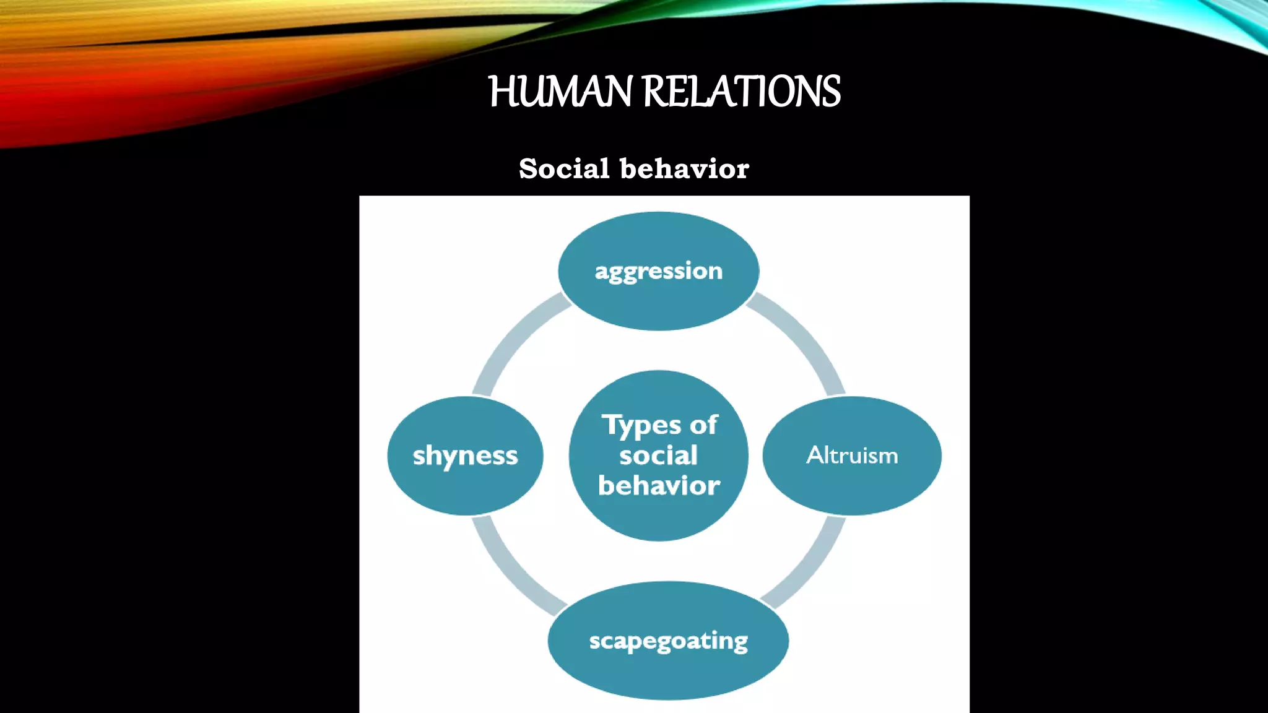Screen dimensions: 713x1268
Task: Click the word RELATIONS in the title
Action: coord(742,92)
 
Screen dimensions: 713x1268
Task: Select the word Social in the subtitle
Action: coord(564,168)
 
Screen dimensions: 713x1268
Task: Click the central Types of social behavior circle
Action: coord(658,520)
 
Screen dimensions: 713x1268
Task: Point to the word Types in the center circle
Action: coord(642,426)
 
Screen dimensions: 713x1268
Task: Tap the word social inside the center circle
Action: coord(658,456)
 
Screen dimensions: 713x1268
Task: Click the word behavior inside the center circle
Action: coord(659,486)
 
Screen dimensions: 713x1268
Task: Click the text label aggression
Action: coord(658,271)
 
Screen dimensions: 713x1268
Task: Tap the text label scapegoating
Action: coord(668,641)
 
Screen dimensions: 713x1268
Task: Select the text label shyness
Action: coord(465,456)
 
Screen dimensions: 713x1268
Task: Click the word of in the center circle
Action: coord(703,425)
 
